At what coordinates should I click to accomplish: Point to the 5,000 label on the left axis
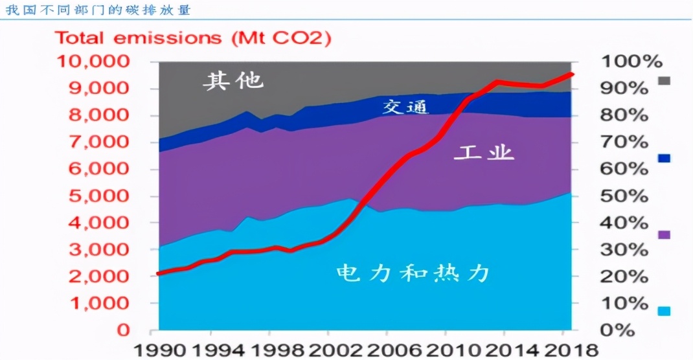click(97, 196)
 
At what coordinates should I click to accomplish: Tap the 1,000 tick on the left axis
click(97, 303)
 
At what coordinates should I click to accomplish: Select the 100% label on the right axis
click(632, 62)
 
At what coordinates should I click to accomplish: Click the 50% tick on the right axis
click(625, 196)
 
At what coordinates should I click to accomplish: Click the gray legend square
click(665, 81)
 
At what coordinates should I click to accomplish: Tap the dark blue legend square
click(665, 158)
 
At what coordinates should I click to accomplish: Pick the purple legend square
click(665, 234)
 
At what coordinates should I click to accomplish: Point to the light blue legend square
click(665, 311)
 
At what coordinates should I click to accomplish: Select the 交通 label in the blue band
click(406, 107)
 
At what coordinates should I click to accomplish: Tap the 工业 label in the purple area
click(483, 153)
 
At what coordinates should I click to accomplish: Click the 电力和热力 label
click(413, 273)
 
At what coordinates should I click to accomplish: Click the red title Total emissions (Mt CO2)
click(193, 38)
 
